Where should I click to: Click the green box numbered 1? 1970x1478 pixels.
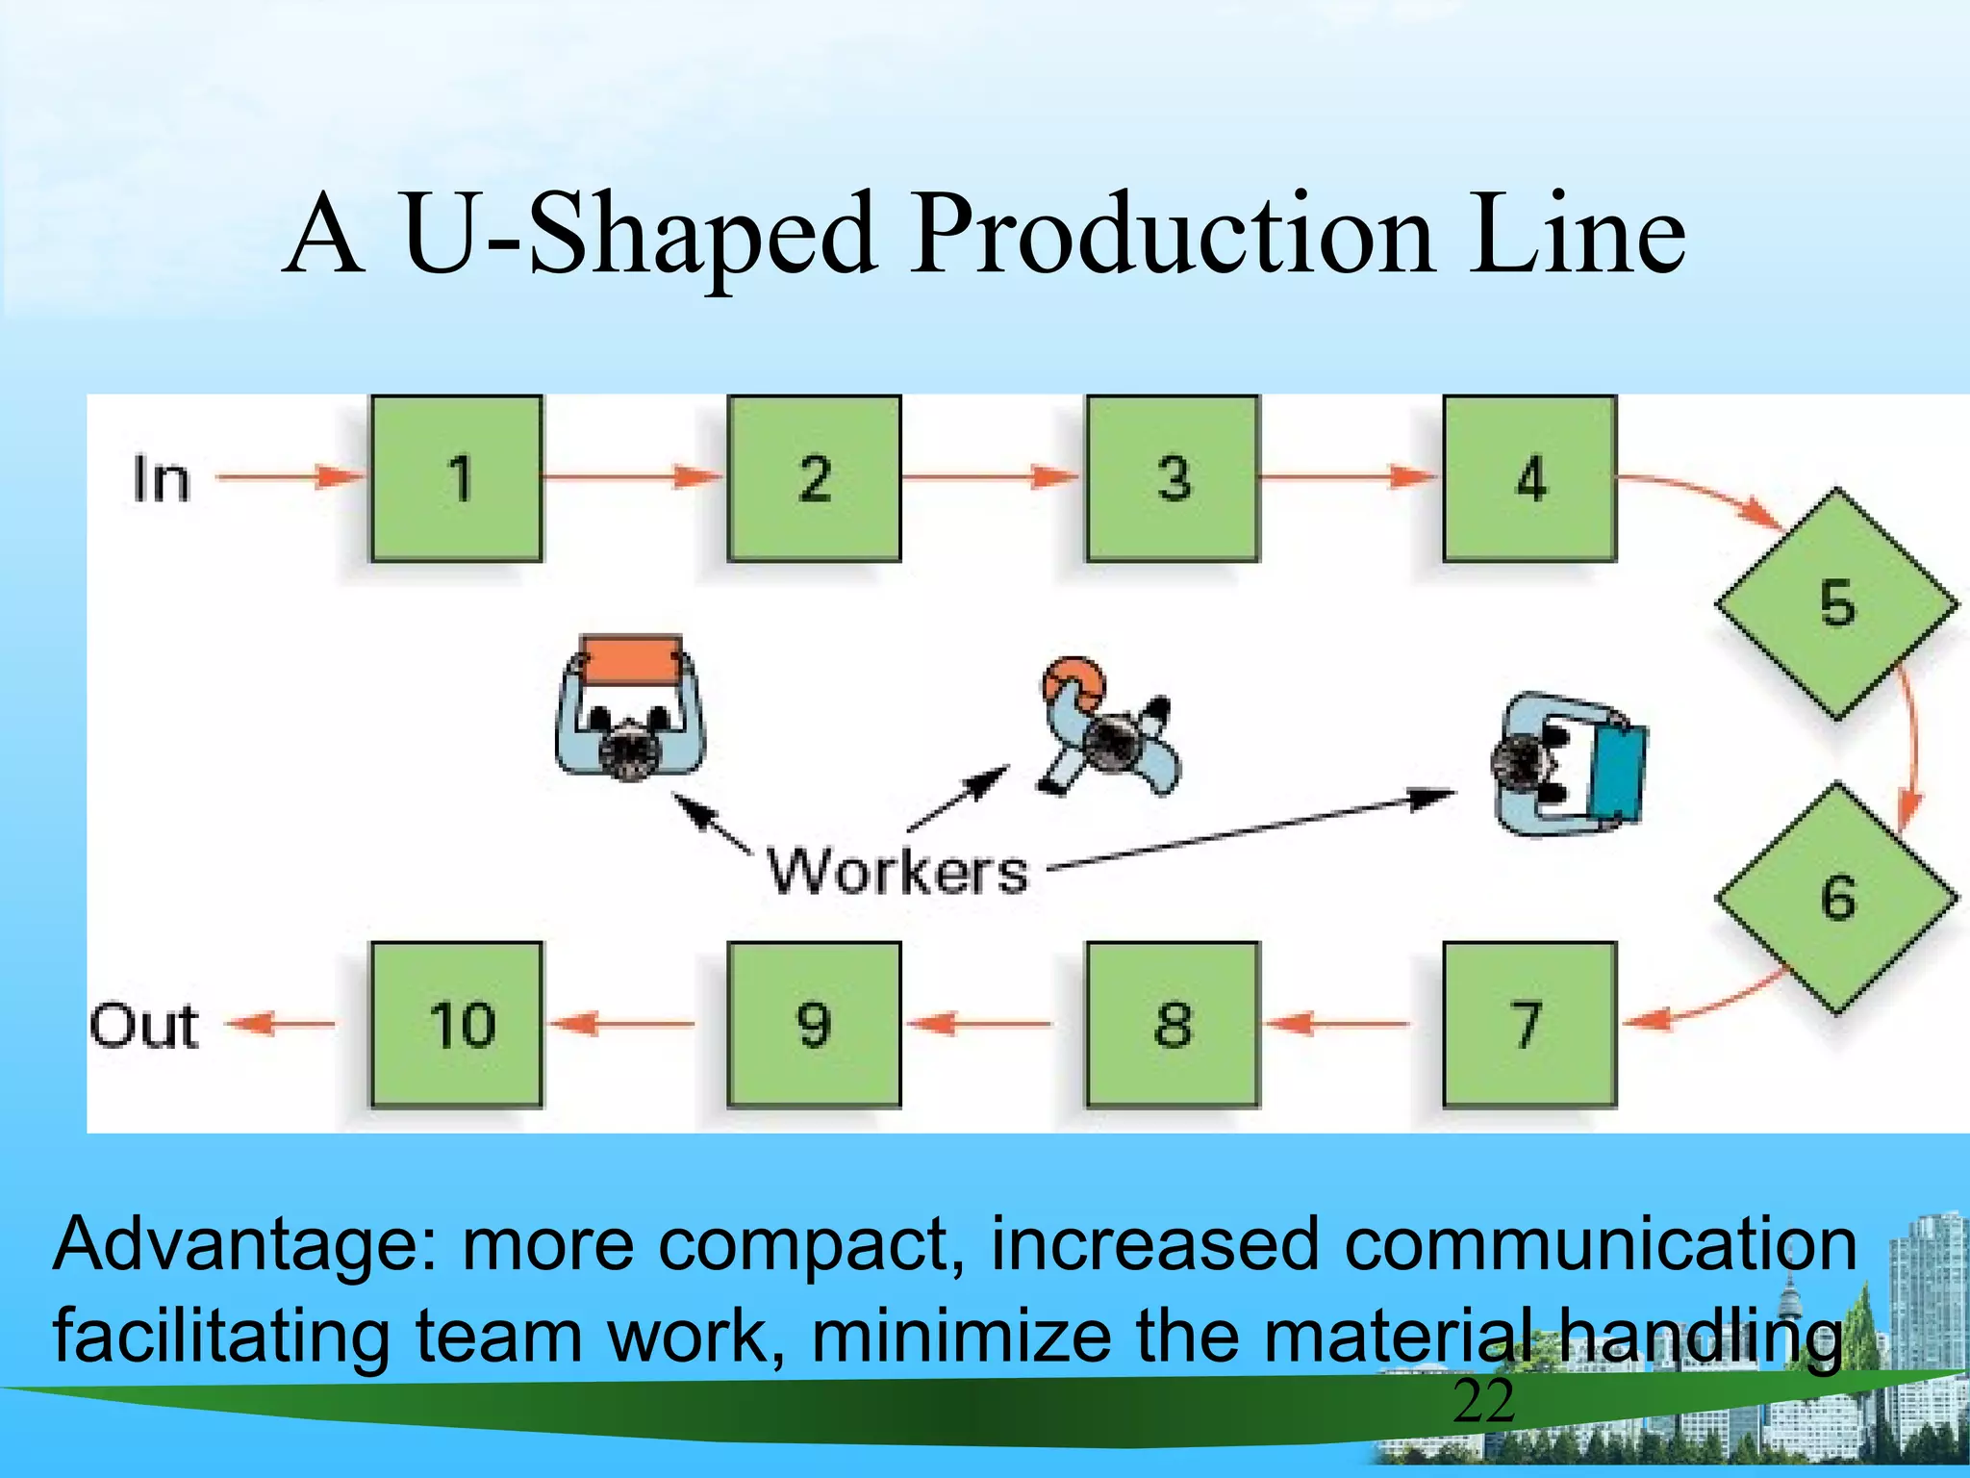456,478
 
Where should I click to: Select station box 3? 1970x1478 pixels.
1173,478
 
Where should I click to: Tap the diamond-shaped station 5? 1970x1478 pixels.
1836,604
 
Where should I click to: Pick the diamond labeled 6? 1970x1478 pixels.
1836,898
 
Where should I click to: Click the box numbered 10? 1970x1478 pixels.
456,1024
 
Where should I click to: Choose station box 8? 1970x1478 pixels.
1173,1024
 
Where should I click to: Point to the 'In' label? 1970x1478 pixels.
162,479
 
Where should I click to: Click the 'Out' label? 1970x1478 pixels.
144,1026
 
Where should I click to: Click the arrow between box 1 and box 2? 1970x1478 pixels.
631,475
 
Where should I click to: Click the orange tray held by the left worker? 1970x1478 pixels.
632,659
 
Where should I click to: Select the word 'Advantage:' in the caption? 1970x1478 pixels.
245,1244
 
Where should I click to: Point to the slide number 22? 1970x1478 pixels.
1483,1402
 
